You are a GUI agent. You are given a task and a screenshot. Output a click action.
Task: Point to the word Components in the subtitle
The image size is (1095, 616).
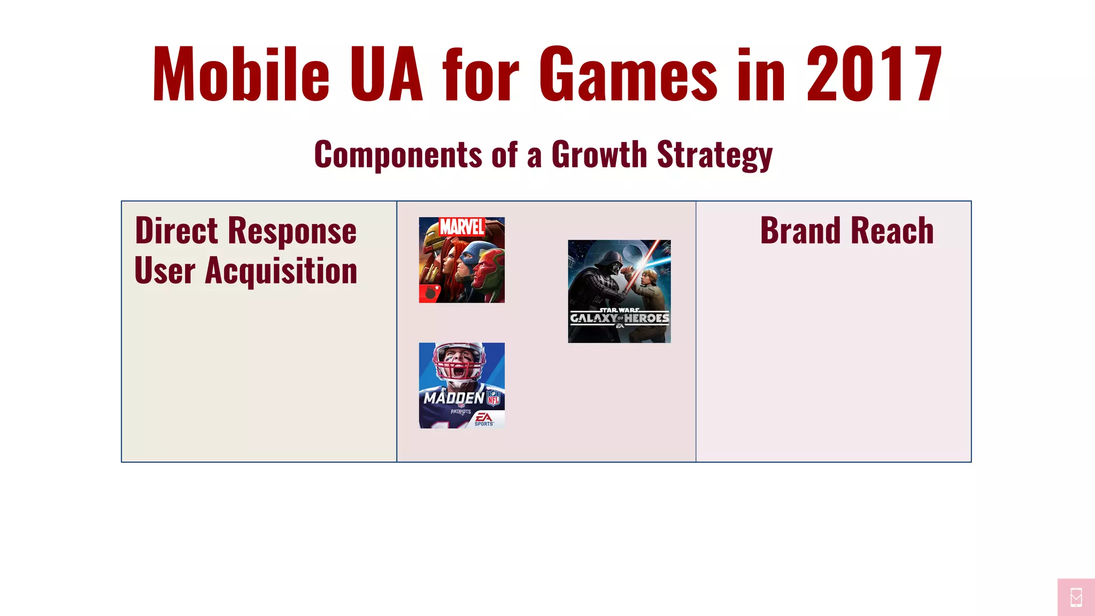point(398,155)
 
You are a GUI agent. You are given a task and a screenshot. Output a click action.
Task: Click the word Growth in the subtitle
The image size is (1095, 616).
point(599,155)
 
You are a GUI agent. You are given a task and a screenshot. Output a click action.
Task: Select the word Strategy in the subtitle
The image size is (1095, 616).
point(714,155)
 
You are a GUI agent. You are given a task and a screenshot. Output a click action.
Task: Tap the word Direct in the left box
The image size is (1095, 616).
point(176,231)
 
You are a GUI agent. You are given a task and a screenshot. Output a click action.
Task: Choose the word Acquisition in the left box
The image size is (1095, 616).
point(281,271)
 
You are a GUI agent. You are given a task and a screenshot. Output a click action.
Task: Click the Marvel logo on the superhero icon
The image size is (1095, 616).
point(462,227)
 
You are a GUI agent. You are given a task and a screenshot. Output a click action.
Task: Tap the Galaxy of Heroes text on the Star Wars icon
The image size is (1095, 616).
point(619,318)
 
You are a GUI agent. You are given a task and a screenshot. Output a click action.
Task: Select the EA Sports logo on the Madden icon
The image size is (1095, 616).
point(484,419)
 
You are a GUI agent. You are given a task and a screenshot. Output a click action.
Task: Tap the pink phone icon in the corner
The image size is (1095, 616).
point(1076,597)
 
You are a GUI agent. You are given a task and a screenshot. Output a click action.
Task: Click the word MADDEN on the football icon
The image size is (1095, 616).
point(454,398)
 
